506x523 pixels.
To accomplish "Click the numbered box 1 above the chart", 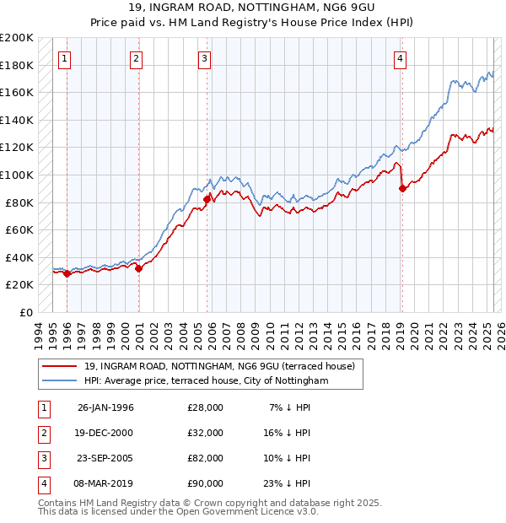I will coord(66,58).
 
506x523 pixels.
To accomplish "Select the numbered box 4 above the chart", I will coord(400,58).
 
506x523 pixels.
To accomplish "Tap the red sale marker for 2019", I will coord(402,189).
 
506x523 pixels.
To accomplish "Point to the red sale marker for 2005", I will coord(207,199).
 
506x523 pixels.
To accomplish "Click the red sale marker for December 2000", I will coord(138,268).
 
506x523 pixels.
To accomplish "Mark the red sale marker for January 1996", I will coord(67,273).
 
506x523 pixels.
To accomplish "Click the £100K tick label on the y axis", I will coord(17,175).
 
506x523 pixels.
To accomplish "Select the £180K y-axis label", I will coord(17,65).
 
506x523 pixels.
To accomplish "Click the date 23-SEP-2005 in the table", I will coord(105,458).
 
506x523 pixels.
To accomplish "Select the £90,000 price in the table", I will coord(205,483).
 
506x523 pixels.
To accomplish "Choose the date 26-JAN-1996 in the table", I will coord(105,407).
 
